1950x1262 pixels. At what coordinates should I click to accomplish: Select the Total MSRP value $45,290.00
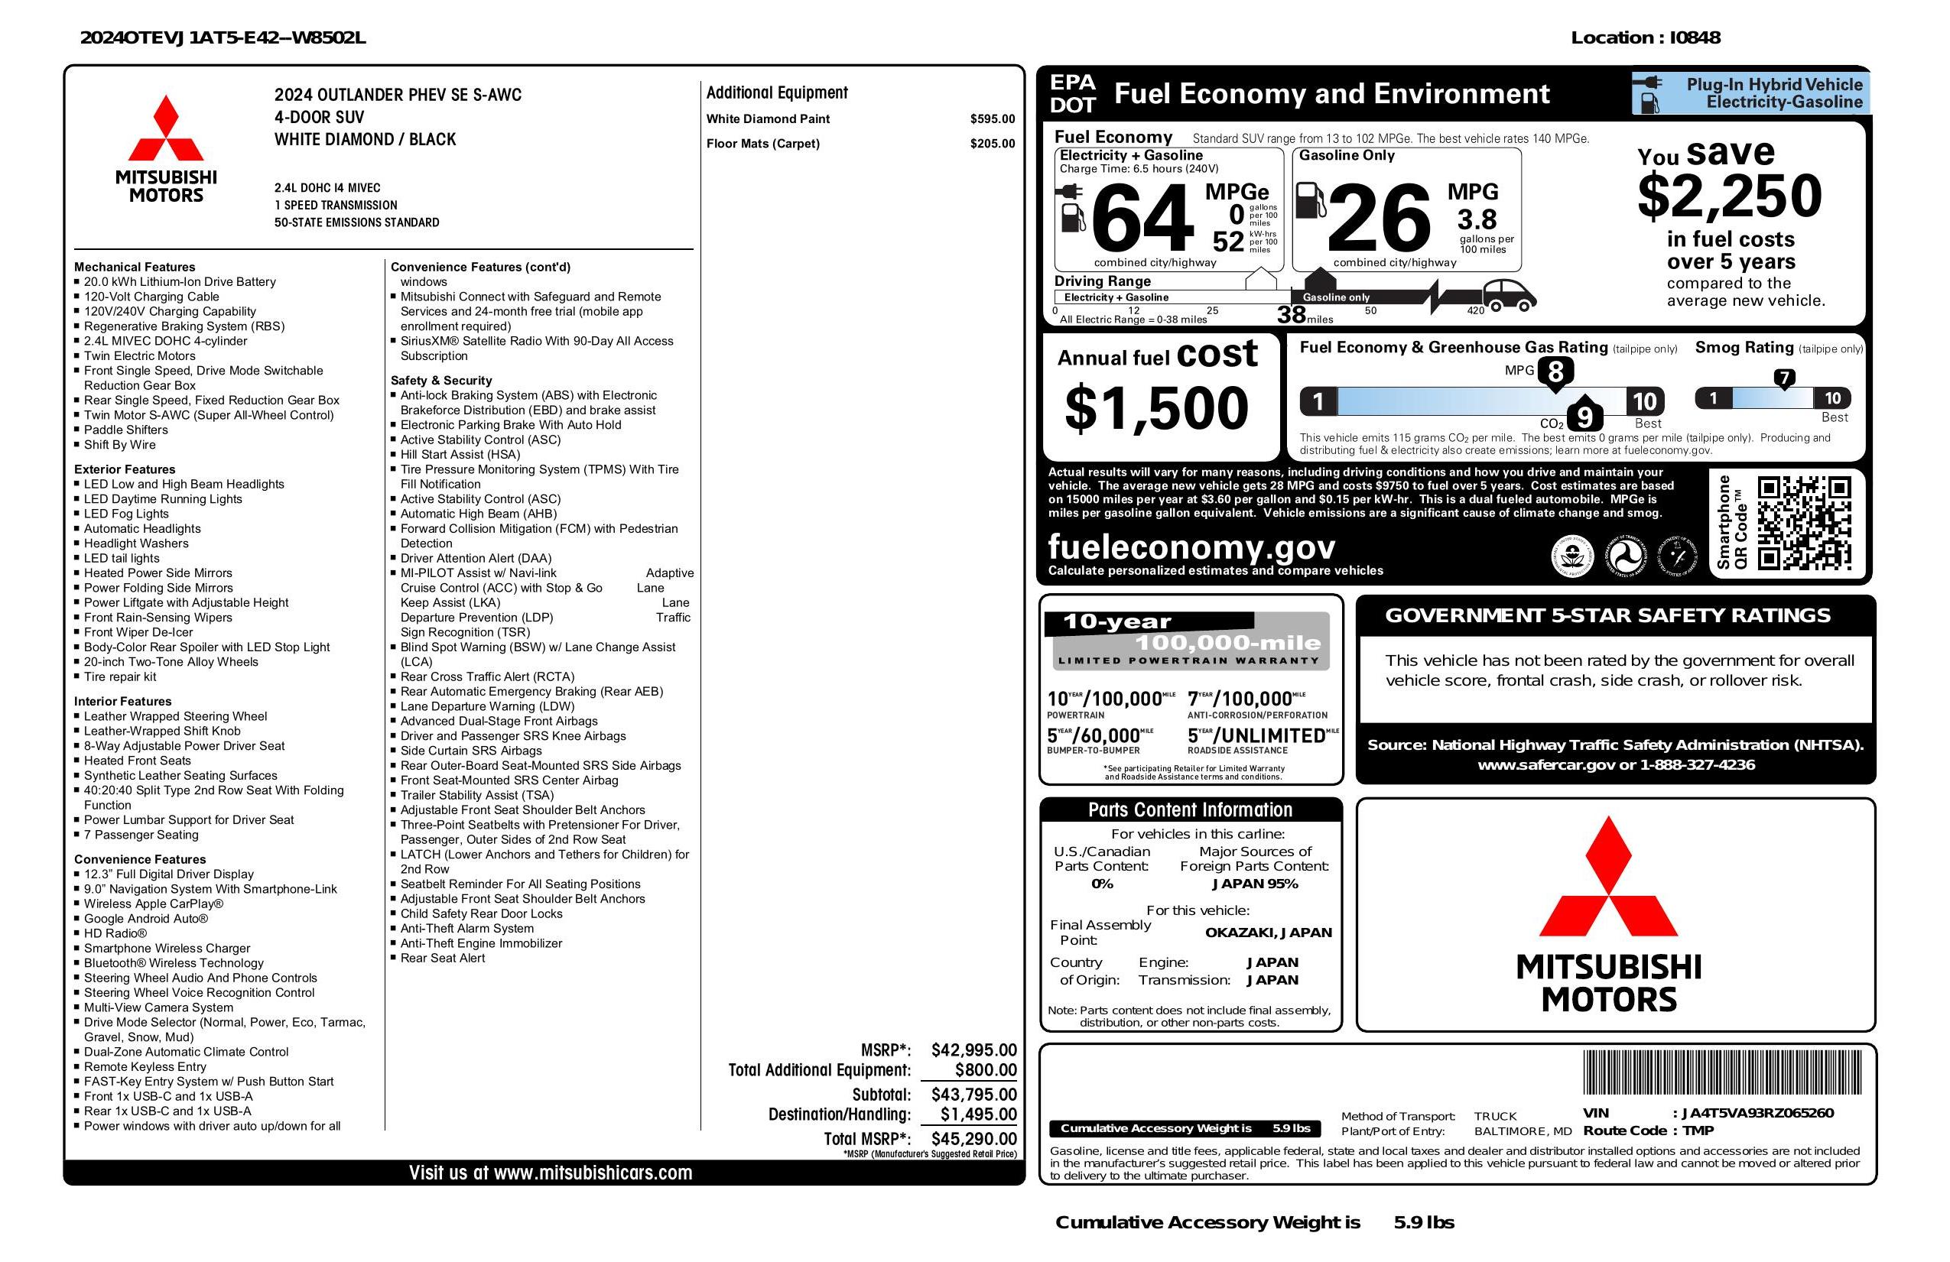point(973,1138)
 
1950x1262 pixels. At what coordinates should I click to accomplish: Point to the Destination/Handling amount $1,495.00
point(977,1114)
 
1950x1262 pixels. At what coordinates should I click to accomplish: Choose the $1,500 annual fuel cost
point(1156,408)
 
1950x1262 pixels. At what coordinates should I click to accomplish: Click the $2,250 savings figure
point(1729,196)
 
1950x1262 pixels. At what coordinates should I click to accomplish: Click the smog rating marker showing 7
point(1783,378)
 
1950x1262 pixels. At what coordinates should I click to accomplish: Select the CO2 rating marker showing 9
point(1584,417)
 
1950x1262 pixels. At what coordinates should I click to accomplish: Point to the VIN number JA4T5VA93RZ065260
point(1757,1113)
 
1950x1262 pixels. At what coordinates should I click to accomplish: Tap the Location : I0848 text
point(1645,37)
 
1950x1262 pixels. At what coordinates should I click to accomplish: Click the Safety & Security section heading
point(440,381)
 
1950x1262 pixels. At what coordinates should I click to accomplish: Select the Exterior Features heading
point(125,469)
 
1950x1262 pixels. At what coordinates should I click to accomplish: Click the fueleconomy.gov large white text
point(1191,547)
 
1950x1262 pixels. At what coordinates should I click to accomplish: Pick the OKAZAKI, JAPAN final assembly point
point(1268,932)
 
